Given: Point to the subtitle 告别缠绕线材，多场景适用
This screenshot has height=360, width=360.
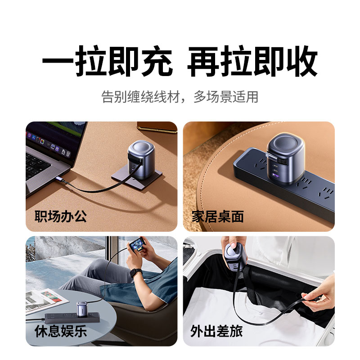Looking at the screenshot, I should point(180,97).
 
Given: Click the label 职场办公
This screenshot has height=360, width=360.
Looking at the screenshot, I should point(61,216).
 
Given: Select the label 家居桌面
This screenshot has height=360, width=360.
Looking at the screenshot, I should point(218,216).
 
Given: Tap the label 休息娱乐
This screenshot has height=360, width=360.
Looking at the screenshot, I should point(61,331).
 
